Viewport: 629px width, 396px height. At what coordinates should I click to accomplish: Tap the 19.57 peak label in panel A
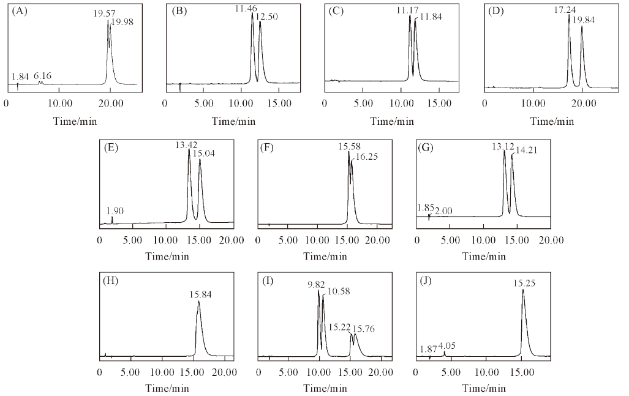[x=103, y=13]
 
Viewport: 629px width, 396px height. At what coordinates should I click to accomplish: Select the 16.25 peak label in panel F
[x=366, y=157]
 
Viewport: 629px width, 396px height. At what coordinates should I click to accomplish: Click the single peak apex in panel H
[x=198, y=302]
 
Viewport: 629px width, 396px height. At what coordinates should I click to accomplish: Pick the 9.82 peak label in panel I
[x=313, y=285]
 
